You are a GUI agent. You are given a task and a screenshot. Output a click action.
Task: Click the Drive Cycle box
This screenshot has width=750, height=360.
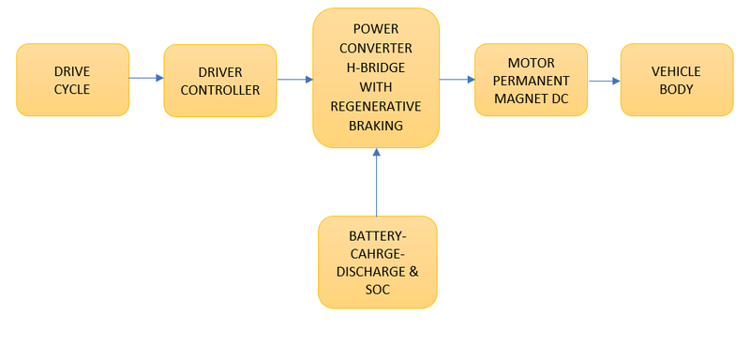(x=72, y=80)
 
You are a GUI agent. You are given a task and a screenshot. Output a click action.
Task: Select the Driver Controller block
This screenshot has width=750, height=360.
(x=219, y=81)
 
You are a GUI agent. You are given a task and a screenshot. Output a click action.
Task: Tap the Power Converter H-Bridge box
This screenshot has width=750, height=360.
(x=376, y=78)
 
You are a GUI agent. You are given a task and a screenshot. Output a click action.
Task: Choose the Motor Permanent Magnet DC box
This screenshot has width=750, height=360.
(x=531, y=80)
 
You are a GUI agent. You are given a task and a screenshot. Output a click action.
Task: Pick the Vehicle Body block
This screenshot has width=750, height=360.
(x=676, y=80)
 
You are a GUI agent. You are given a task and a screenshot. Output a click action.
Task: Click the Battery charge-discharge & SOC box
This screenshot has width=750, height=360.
(x=377, y=262)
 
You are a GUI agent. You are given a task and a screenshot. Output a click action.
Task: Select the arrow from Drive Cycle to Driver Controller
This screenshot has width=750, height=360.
(x=146, y=78)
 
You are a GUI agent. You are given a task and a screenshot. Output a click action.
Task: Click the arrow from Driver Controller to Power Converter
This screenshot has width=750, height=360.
(x=294, y=80)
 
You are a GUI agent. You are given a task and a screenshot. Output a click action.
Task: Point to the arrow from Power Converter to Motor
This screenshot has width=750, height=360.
(x=457, y=80)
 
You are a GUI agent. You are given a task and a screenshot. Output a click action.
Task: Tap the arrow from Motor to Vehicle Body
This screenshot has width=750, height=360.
(x=604, y=81)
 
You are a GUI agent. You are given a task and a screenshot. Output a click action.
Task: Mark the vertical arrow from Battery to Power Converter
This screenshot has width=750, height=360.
(x=376, y=182)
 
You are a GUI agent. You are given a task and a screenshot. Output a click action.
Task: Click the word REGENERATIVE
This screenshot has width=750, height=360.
(x=376, y=106)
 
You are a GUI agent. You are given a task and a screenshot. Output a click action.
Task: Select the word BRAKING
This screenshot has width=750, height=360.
(x=376, y=124)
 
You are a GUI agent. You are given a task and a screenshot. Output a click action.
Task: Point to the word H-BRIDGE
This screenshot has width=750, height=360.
(x=376, y=69)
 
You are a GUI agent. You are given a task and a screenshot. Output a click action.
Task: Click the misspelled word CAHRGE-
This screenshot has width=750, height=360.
(x=377, y=253)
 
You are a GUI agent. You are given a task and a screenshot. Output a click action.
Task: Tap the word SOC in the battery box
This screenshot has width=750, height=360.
(x=377, y=289)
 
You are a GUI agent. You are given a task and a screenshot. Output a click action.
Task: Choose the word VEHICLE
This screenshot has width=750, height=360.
(x=676, y=71)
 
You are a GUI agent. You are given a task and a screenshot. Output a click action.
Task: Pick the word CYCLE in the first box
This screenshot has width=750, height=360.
(x=72, y=89)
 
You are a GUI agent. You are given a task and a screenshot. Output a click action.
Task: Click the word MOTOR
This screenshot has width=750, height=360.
(x=531, y=63)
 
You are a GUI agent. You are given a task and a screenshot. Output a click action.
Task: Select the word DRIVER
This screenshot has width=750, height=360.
(x=219, y=71)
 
